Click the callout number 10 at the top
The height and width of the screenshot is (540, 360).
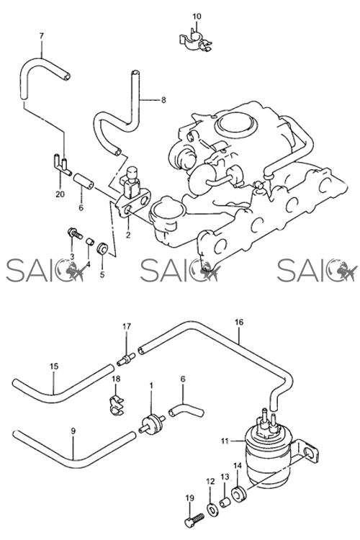click(197, 16)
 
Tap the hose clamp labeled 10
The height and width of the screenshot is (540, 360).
click(195, 42)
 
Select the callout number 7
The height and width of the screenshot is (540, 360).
click(42, 35)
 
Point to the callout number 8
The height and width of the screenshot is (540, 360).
click(163, 100)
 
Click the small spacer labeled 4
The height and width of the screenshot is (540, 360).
click(89, 240)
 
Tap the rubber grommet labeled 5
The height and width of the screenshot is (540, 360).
click(103, 248)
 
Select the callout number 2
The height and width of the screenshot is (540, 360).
click(128, 235)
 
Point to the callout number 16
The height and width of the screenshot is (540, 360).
click(239, 322)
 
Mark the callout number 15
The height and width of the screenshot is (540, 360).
click(54, 366)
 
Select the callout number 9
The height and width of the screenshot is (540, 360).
click(73, 431)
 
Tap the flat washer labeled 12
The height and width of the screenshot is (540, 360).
click(211, 508)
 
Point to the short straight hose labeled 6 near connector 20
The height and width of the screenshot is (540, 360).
click(84, 180)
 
